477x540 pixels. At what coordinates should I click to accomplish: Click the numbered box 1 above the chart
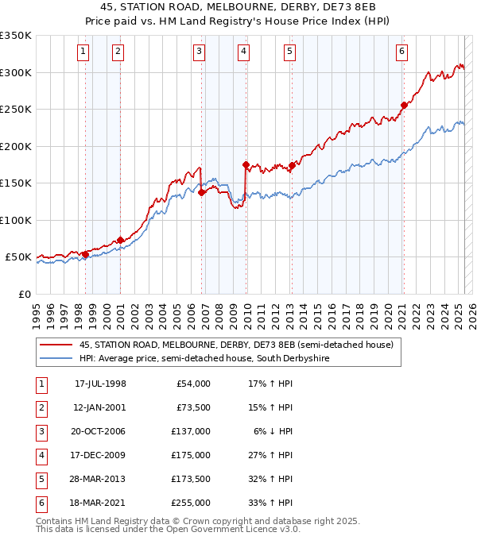point(83,52)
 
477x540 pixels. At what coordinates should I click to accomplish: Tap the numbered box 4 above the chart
point(243,52)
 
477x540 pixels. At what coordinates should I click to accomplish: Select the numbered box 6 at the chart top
point(402,52)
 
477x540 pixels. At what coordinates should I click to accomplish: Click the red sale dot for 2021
point(404,105)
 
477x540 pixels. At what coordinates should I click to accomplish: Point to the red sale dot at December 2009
point(246,164)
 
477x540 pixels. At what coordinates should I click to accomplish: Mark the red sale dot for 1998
point(85,254)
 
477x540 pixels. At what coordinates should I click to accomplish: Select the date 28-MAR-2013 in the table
point(100,480)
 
